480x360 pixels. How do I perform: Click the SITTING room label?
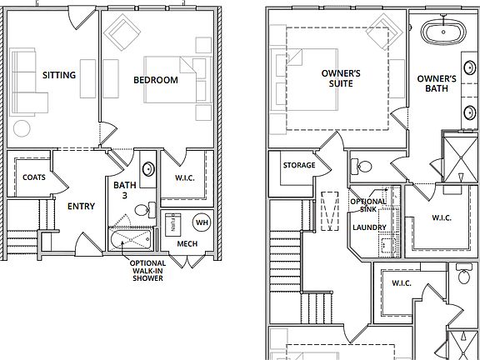click(x=59, y=76)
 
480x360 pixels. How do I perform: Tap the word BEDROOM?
click(x=156, y=80)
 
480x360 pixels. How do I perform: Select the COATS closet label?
click(x=34, y=177)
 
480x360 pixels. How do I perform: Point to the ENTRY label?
click(x=80, y=207)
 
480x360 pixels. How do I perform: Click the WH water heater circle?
click(x=202, y=222)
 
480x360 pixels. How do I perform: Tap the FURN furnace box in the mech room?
click(x=172, y=223)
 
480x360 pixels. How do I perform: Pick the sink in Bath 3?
click(x=147, y=168)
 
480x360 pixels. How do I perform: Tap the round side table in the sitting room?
click(x=22, y=128)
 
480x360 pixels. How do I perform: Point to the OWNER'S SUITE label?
click(x=341, y=78)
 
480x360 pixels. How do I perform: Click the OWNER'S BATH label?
click(x=437, y=84)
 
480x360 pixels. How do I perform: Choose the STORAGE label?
click(x=298, y=165)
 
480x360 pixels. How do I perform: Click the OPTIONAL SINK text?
click(x=367, y=206)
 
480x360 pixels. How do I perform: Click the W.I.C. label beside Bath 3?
click(x=184, y=177)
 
